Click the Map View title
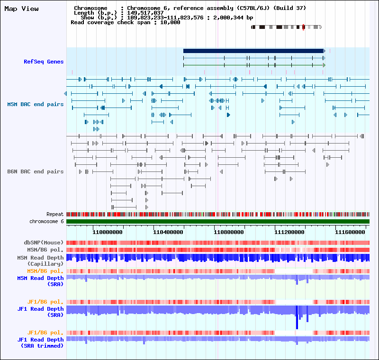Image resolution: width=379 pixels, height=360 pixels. tap(21, 9)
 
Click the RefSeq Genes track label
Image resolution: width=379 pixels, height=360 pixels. tap(44, 62)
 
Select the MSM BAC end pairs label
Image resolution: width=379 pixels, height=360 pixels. tap(35, 104)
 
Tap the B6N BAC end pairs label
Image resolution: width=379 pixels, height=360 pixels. tap(35, 171)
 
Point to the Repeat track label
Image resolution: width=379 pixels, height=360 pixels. tap(55, 215)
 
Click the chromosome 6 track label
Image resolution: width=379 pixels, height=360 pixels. tap(46, 221)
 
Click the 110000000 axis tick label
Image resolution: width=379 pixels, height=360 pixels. tap(108, 233)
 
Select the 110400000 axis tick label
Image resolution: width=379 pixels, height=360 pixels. tap(168, 233)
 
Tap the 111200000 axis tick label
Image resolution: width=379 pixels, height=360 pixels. tap(289, 233)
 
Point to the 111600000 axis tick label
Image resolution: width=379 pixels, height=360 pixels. tap(350, 233)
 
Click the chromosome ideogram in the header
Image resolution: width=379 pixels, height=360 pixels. tap(286, 27)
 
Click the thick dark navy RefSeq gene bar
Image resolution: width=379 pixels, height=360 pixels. tap(253, 51)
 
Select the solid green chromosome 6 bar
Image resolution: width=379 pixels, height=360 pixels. tap(218, 221)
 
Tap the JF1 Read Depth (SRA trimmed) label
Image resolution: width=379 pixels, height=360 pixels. tap(41, 342)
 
